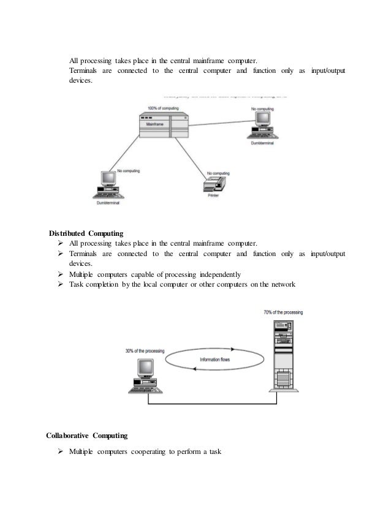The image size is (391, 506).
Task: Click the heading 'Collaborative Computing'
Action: coord(87,436)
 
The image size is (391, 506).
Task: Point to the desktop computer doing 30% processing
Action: coord(144,376)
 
